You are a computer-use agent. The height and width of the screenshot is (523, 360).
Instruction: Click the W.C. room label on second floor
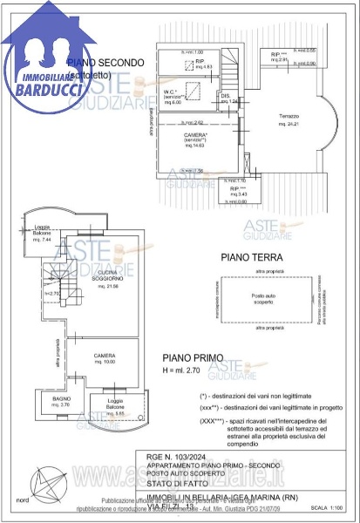[172, 96]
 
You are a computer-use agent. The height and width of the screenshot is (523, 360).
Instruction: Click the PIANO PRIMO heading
[193, 358]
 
